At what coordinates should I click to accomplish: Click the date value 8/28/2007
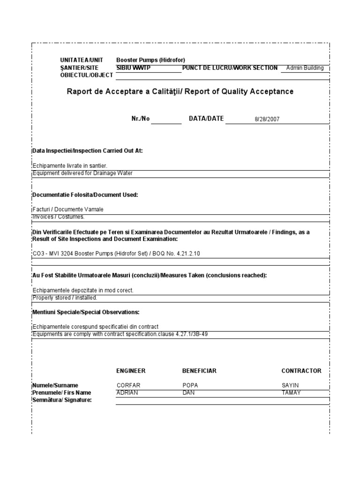pyautogui.click(x=267, y=119)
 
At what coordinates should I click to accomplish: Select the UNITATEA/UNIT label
pyautogui.click(x=81, y=60)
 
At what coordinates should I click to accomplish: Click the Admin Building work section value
pyautogui.click(x=305, y=68)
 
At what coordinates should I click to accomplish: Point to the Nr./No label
pyautogui.click(x=141, y=119)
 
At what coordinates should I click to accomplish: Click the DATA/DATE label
pyautogui.click(x=206, y=119)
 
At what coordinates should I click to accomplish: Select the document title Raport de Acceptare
pyautogui.click(x=180, y=91)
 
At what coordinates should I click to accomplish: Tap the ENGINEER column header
pyautogui.click(x=131, y=371)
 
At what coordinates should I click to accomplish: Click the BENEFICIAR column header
pyautogui.click(x=199, y=371)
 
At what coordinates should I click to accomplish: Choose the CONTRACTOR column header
pyautogui.click(x=301, y=371)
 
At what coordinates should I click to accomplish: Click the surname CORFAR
pyautogui.click(x=128, y=385)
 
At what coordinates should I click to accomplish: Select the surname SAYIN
pyautogui.click(x=290, y=385)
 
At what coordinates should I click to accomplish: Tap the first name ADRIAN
pyautogui.click(x=127, y=392)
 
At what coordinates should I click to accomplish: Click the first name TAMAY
pyautogui.click(x=291, y=392)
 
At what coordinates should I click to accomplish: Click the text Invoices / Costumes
pyautogui.click(x=59, y=217)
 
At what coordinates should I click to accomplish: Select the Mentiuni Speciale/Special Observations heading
pyautogui.click(x=86, y=312)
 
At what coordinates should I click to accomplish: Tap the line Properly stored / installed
pyautogui.click(x=65, y=298)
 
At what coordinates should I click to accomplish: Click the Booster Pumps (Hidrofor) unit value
pyautogui.click(x=150, y=60)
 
